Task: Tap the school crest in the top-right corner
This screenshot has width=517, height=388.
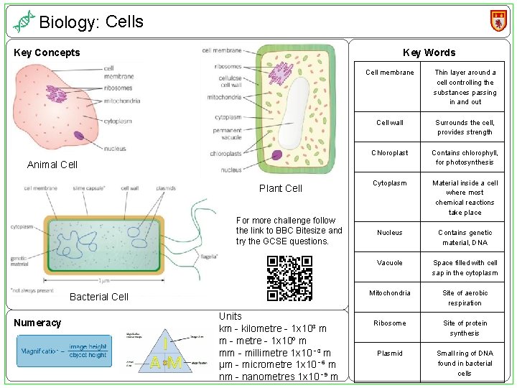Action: click(x=498, y=20)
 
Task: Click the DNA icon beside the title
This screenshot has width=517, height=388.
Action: click(x=24, y=22)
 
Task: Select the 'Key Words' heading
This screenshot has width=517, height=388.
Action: click(x=429, y=52)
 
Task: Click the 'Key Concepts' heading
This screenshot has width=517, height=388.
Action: click(x=47, y=52)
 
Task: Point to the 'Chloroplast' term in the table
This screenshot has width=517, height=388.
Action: click(x=389, y=152)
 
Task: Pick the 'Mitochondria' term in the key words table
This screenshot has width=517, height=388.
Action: click(x=389, y=293)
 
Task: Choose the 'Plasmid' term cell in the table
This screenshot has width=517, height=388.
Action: click(x=389, y=354)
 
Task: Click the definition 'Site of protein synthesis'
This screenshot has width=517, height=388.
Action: click(x=465, y=328)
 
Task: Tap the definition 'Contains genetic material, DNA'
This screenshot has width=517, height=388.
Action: click(x=465, y=237)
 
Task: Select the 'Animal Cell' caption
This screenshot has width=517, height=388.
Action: click(x=52, y=165)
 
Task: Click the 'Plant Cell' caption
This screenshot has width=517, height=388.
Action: click(x=280, y=188)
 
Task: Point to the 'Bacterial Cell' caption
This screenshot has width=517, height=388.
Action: click(x=99, y=297)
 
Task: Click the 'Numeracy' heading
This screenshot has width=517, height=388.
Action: click(x=38, y=323)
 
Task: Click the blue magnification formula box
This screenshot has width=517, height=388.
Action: click(x=62, y=351)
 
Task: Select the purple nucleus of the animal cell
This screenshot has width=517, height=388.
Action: click(x=57, y=93)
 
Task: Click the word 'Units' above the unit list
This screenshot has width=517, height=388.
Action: click(x=230, y=316)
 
